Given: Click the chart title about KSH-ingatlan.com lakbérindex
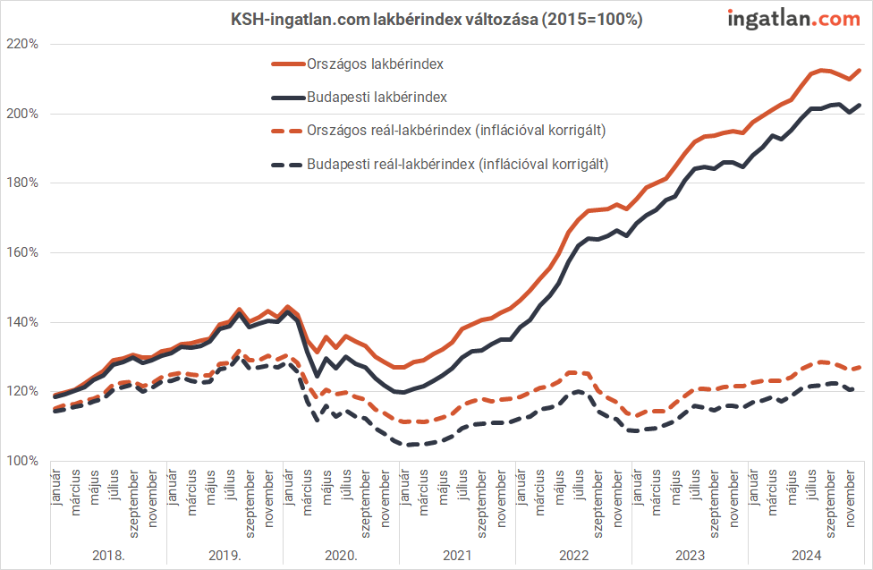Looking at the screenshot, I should [x=436, y=19].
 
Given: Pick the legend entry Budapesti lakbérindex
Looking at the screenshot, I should [x=377, y=97].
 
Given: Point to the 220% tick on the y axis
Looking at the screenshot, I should [x=21, y=44].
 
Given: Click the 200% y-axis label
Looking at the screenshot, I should [x=21, y=114].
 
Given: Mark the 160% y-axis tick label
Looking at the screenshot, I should [x=21, y=252].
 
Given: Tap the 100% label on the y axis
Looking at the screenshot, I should [x=21, y=461].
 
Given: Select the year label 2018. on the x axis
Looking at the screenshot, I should [x=108, y=555].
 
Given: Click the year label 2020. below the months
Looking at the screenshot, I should [x=341, y=555].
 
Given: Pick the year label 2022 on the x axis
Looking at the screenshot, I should [x=573, y=555].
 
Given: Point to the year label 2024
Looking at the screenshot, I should [x=805, y=555].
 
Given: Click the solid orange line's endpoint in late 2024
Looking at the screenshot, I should [x=860, y=70].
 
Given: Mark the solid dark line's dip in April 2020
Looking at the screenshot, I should [x=317, y=377].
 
